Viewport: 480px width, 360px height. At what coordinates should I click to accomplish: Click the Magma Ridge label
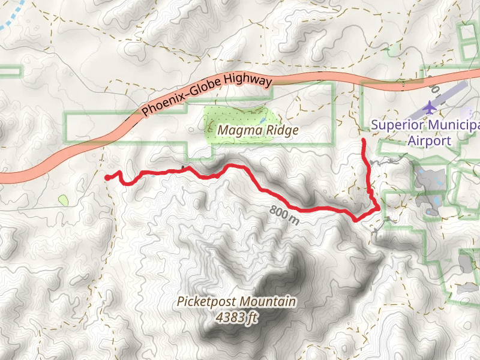point(258,130)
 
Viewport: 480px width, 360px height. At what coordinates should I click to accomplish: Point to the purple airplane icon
point(430,107)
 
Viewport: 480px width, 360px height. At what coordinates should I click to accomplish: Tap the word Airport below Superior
point(429,141)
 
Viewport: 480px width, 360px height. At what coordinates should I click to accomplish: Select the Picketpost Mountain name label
point(236,301)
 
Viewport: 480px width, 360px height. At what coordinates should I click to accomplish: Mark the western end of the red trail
point(107,178)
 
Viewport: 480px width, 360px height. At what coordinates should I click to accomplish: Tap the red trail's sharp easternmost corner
point(378,208)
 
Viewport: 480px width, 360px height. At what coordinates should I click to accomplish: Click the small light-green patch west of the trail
point(63,199)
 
